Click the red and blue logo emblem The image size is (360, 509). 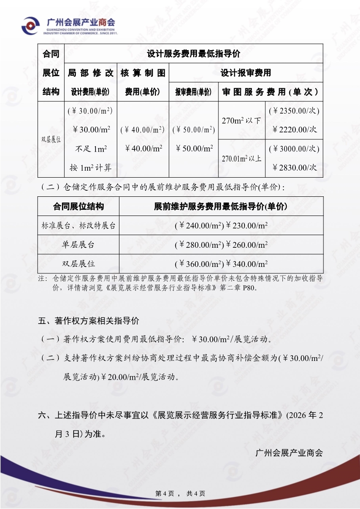pyautogui.click(x=31, y=26)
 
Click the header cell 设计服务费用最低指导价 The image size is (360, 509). pyautogui.click(x=194, y=54)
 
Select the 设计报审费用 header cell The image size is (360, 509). pyautogui.click(x=245, y=73)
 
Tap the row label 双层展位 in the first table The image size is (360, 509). pyautogui.click(x=51, y=140)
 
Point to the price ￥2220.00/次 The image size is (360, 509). pyautogui.click(x=295, y=129)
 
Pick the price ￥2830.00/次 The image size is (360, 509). pyautogui.click(x=295, y=168)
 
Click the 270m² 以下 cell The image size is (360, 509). pyautogui.click(x=241, y=121)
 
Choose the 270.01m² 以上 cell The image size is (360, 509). pyautogui.click(x=241, y=158)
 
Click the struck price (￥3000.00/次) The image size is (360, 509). pyautogui.click(x=294, y=149)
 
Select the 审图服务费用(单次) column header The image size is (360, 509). pyautogui.click(x=270, y=92)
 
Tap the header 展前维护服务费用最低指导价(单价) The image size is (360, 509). pyautogui.click(x=221, y=206)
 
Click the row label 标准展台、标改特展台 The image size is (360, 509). pyautogui.click(x=78, y=226)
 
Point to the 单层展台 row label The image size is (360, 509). pyautogui.click(x=78, y=245)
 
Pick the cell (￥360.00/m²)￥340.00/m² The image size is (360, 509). pyautogui.click(x=221, y=263)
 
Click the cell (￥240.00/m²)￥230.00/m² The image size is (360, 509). pyautogui.click(x=221, y=226)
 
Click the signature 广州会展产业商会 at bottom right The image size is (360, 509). pyautogui.click(x=289, y=453)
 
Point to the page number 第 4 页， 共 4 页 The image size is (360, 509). pyautogui.click(x=180, y=493)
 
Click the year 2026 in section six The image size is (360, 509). pyautogui.click(x=299, y=415)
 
